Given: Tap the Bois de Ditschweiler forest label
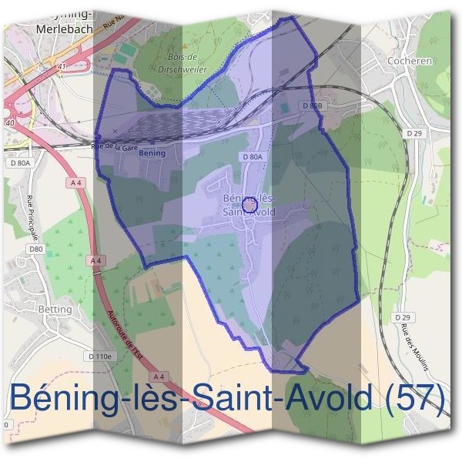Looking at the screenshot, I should point(182,62).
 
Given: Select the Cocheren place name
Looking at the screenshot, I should point(410,59).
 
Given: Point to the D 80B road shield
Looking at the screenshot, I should point(311,105).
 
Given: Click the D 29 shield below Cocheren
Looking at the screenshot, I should point(415,133).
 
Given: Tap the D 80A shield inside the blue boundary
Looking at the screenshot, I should point(253,156).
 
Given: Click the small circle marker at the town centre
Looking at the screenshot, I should point(249,206).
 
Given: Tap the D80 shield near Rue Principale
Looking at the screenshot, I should point(35,249).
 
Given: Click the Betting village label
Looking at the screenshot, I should point(54,310).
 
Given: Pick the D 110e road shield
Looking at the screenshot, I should point(100,357).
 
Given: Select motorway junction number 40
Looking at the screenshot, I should point(9,122).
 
